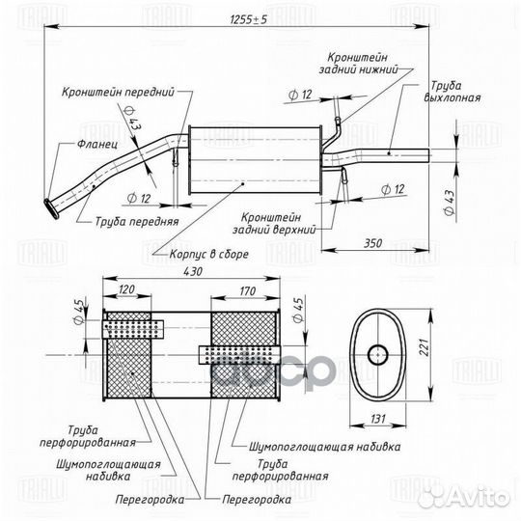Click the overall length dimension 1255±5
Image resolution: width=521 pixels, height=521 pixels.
pos(249,20)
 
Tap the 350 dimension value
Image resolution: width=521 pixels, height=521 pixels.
pos(373,243)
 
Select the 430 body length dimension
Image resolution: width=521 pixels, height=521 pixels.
pos(193,271)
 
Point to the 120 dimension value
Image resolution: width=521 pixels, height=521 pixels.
pos(126,289)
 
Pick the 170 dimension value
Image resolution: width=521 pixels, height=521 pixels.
pos(248,291)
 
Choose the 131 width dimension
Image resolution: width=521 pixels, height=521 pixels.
pos(377,419)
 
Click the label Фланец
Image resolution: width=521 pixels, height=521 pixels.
pos(97,145)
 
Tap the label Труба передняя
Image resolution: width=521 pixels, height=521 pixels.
pos(137,221)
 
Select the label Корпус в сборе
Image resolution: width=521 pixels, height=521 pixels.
pos(209,254)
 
